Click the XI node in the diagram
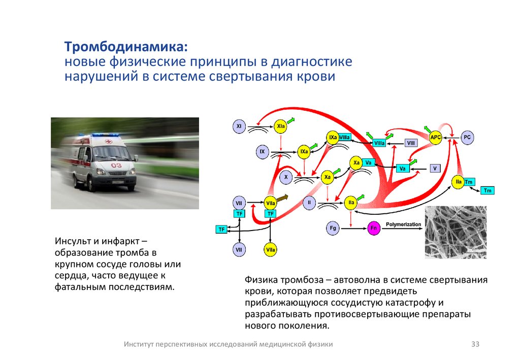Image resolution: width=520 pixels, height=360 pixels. (x=239, y=125)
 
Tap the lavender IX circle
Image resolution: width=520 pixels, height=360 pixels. (x=262, y=151)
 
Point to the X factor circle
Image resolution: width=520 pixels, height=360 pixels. (x=286, y=177)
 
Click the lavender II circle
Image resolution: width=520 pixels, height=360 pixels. (x=309, y=203)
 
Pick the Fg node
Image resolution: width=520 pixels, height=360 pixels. (x=333, y=228)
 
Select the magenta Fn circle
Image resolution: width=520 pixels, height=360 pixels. (x=373, y=228)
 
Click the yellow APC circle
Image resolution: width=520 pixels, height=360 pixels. (x=436, y=137)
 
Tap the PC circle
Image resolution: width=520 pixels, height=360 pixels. (x=467, y=137)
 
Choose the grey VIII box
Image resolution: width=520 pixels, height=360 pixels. (x=411, y=143)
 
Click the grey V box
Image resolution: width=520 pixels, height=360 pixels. (x=435, y=168)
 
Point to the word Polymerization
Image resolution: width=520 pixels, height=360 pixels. (x=404, y=224)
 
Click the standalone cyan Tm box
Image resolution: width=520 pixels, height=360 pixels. (x=487, y=190)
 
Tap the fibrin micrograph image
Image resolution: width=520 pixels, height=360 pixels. (x=455, y=232)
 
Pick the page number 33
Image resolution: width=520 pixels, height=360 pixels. (x=475, y=344)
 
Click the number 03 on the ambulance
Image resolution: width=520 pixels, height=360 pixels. (x=116, y=166)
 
